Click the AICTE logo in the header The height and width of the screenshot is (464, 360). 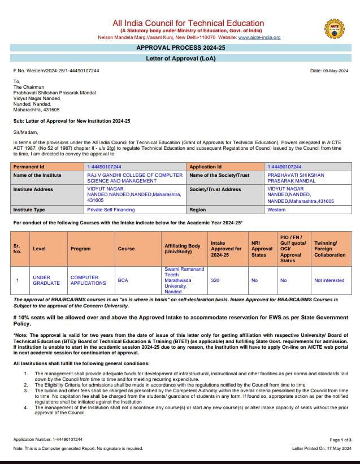[x=333, y=28]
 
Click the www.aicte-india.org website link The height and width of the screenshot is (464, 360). [x=259, y=37]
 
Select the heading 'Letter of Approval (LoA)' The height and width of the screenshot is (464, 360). [x=180, y=59]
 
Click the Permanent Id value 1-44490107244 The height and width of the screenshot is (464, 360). [x=104, y=167]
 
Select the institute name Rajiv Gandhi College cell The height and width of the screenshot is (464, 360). [x=135, y=178]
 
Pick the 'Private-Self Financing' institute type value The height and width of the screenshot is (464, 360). [x=111, y=210]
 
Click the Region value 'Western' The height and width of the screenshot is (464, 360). [x=276, y=210]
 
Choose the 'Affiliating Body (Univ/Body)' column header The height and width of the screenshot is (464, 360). [x=183, y=249]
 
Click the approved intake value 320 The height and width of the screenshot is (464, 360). [x=215, y=280]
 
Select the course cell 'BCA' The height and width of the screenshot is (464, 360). [x=123, y=280]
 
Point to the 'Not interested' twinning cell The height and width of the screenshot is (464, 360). [x=329, y=280]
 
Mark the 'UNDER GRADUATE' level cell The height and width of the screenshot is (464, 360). [x=46, y=280]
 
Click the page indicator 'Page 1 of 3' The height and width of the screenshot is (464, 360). [x=340, y=439]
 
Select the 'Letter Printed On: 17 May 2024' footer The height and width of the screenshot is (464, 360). [x=322, y=448]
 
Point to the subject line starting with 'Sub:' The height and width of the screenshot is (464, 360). [x=72, y=121]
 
